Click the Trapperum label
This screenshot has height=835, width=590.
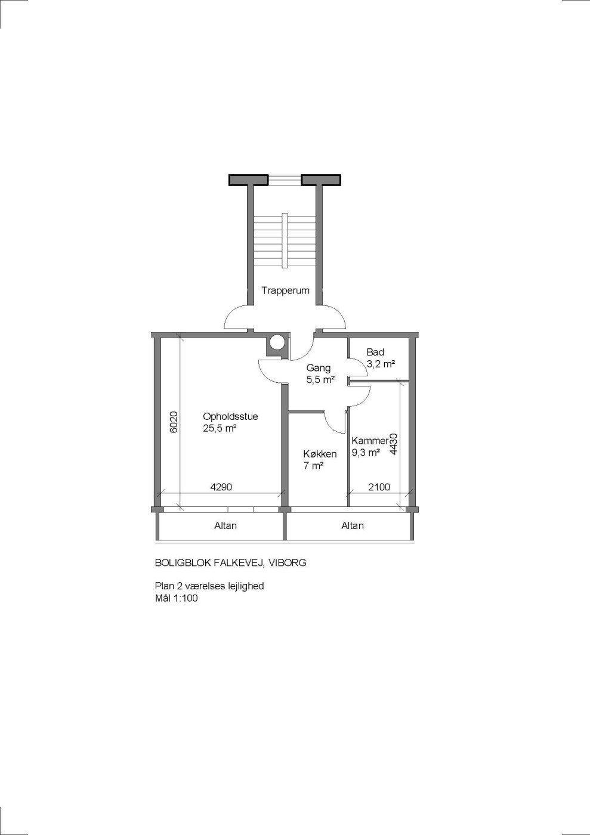pyautogui.click(x=285, y=291)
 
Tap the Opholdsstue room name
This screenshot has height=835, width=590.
pyautogui.click(x=230, y=416)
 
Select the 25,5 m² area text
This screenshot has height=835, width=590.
pyautogui.click(x=220, y=428)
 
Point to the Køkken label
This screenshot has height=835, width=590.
pyautogui.click(x=320, y=454)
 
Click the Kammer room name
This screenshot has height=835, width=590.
pyautogui.click(x=370, y=441)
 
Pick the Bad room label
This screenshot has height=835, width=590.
pyautogui.click(x=375, y=352)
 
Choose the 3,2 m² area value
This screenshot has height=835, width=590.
pyautogui.click(x=381, y=364)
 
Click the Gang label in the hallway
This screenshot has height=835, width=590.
pyautogui.click(x=319, y=369)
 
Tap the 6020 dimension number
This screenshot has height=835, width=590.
pyautogui.click(x=174, y=422)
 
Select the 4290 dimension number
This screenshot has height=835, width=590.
pyautogui.click(x=221, y=487)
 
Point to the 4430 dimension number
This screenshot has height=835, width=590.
pyautogui.click(x=394, y=444)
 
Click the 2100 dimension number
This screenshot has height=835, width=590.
pyautogui.click(x=379, y=487)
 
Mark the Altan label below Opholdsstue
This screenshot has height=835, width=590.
pyautogui.click(x=226, y=525)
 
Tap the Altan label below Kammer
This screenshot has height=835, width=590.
pyautogui.click(x=353, y=525)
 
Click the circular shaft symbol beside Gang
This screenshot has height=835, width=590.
pyautogui.click(x=277, y=342)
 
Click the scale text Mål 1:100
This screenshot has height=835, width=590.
pyautogui.click(x=176, y=598)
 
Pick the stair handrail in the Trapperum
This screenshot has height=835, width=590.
pyautogui.click(x=285, y=240)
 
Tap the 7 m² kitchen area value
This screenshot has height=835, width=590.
pyautogui.click(x=313, y=466)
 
